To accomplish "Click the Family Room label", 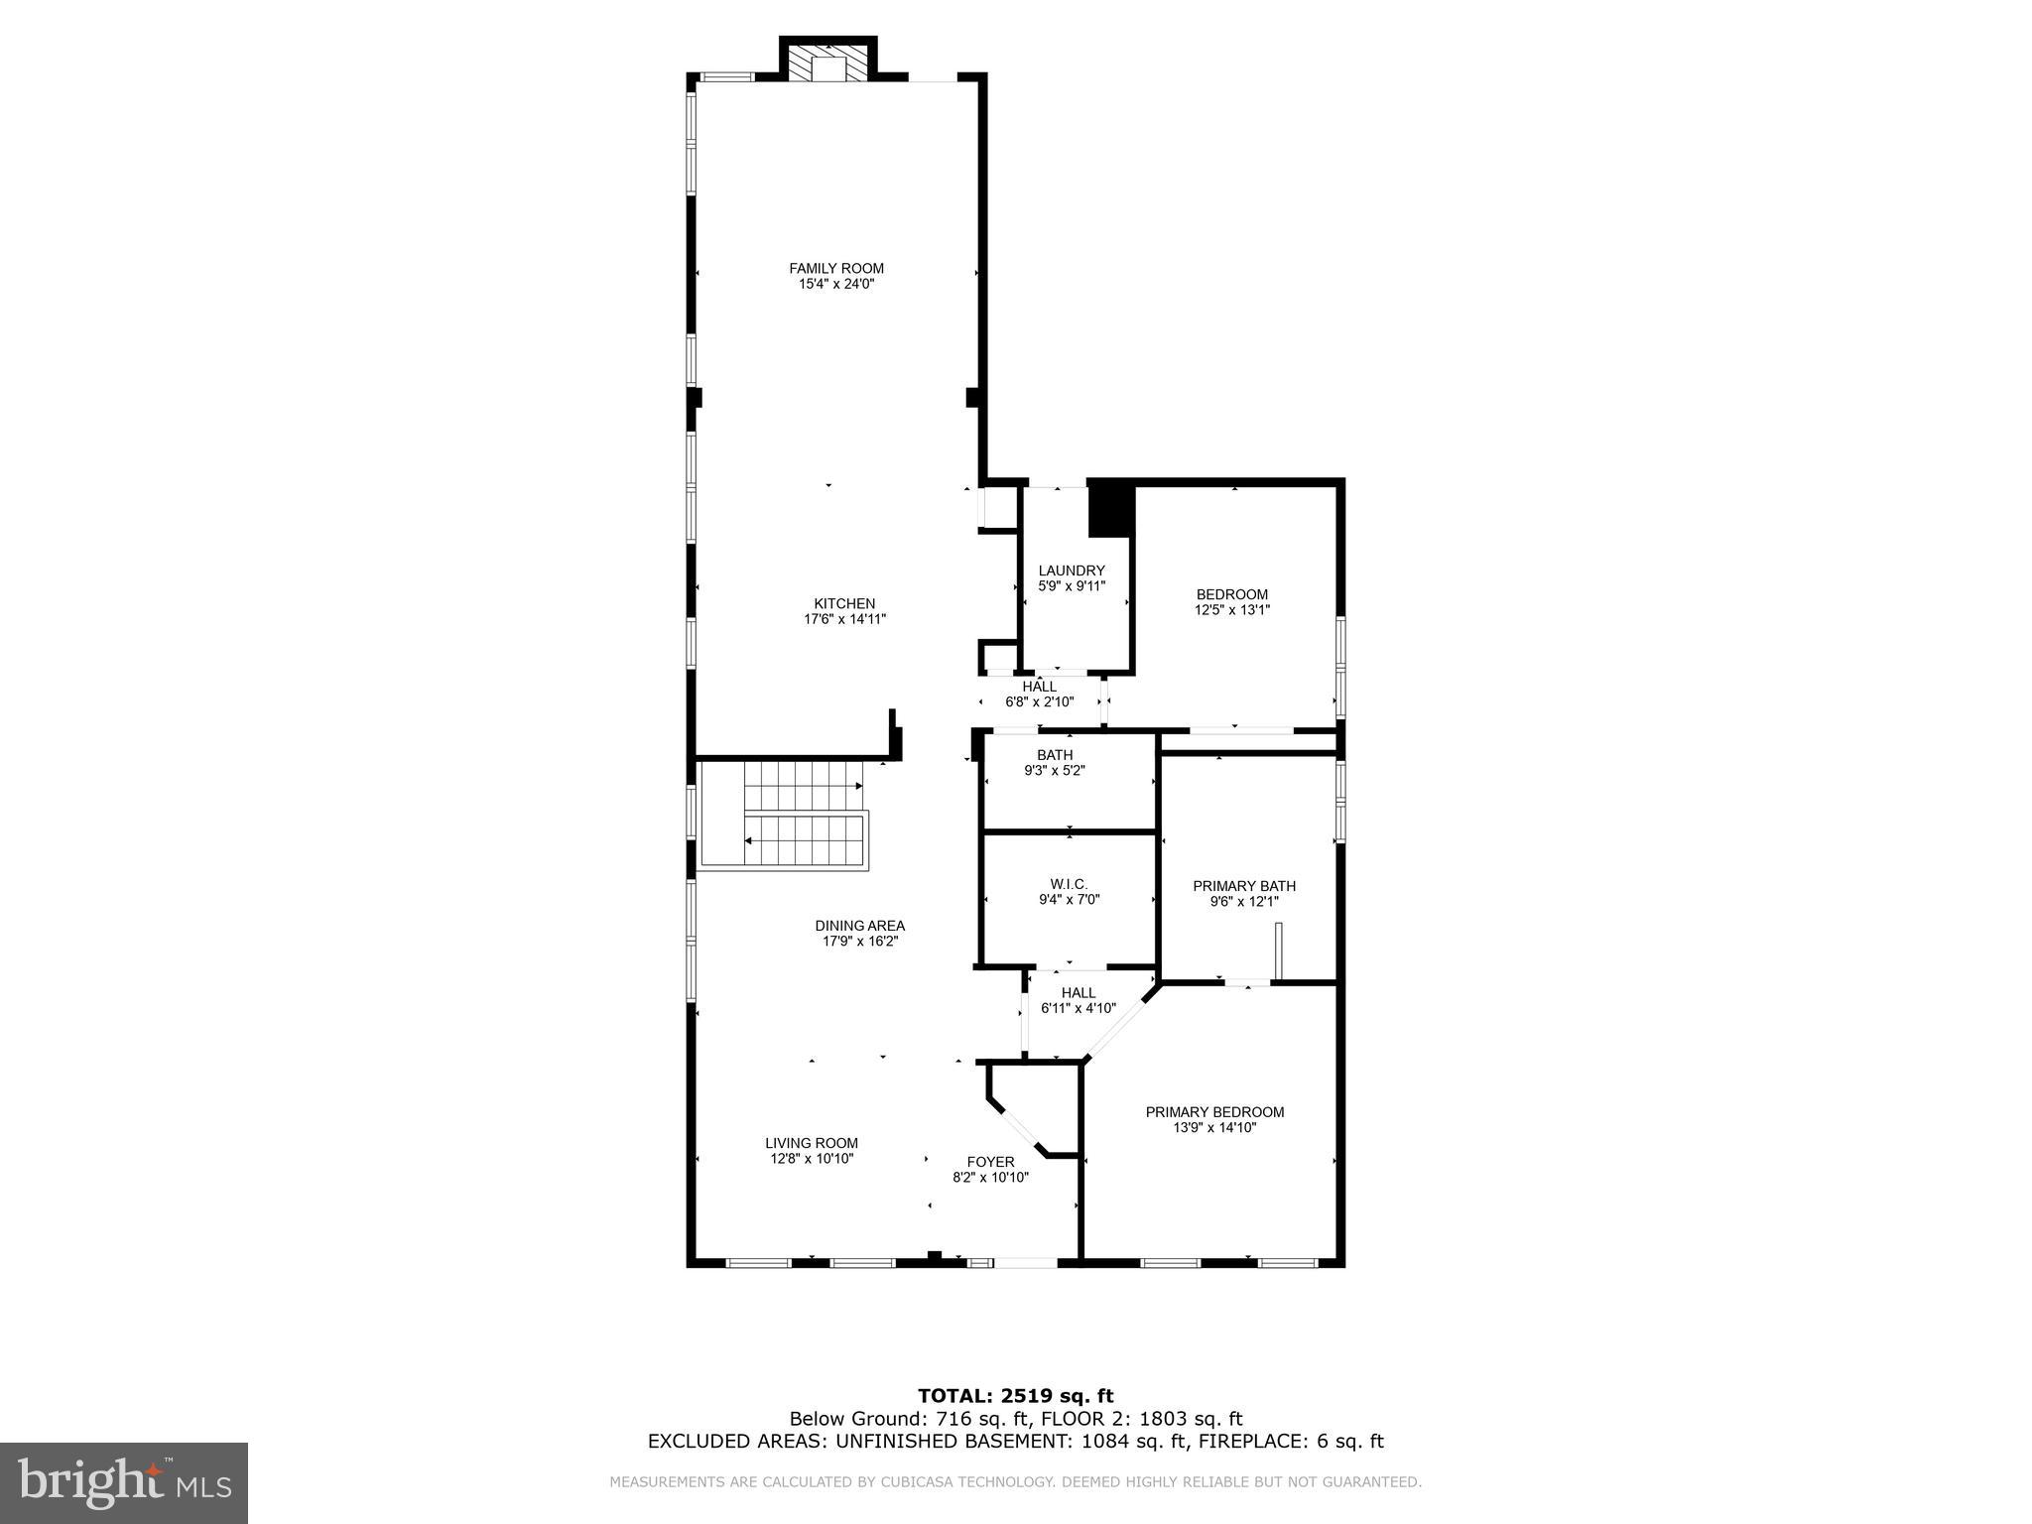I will [835, 268].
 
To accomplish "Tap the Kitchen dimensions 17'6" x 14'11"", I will [844, 619].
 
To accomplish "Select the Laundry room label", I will [1071, 571].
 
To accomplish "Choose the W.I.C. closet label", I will [1069, 884].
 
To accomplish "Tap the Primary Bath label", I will [1243, 886].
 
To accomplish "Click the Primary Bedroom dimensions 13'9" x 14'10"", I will [1214, 1127].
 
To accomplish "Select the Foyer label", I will [990, 1162].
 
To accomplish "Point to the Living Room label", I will [811, 1143].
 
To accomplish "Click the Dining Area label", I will [859, 926].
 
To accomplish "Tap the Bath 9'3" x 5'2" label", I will [1055, 762].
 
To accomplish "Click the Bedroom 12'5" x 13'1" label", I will [1231, 594].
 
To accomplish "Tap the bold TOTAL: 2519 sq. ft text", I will [1015, 1396].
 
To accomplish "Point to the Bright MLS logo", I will [124, 1483].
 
